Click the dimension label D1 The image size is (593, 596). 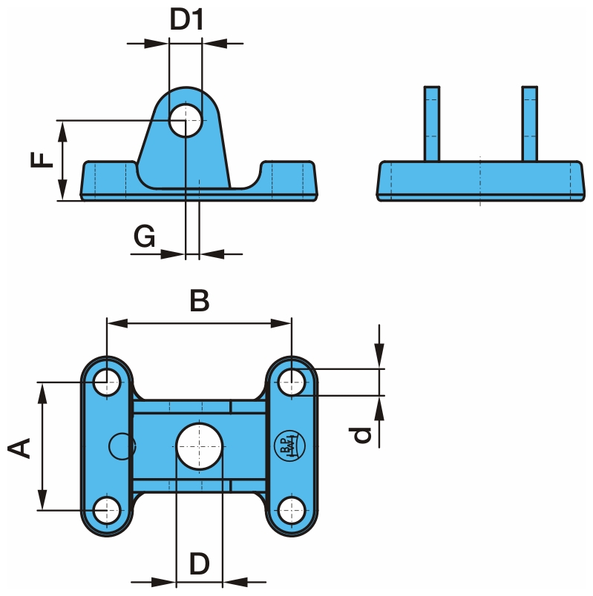click(x=186, y=20)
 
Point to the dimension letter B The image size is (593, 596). click(x=199, y=301)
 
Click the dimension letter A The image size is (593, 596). click(x=19, y=447)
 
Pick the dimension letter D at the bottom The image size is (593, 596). click(x=199, y=564)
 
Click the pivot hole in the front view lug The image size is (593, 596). click(x=185, y=121)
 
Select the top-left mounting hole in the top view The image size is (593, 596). click(x=108, y=383)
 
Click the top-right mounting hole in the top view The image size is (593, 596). click(x=291, y=383)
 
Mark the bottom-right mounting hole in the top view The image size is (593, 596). click(x=291, y=509)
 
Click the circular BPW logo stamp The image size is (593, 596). click(x=286, y=446)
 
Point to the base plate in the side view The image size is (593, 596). click(x=480, y=180)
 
